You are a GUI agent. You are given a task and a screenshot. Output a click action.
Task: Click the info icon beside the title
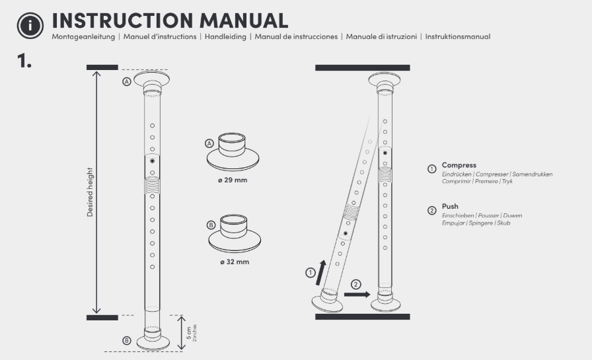coord(30,24)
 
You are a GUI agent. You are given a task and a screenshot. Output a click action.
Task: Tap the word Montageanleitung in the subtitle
coord(83,36)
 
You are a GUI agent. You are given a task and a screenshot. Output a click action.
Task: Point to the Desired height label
coord(90,192)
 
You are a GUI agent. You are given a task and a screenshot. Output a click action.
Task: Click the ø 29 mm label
coord(233,180)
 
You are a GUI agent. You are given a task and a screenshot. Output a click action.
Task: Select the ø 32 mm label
coord(234,262)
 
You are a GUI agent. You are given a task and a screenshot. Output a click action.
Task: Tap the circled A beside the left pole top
coord(126,81)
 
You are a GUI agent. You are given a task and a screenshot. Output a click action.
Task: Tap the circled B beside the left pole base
coord(126,340)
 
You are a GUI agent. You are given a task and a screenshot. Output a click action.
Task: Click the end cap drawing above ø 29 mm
coord(232,152)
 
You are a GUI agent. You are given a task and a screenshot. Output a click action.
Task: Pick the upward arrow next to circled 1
coord(322,270)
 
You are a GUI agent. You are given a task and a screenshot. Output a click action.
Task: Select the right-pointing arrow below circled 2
coord(357,295)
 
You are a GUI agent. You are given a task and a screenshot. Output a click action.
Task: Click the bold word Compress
coord(459,165)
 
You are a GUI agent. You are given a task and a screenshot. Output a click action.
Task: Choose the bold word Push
coord(450,206)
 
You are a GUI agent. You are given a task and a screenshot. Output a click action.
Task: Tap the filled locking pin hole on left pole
coord(152,161)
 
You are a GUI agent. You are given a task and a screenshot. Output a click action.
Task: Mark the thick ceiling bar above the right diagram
coord(362,67)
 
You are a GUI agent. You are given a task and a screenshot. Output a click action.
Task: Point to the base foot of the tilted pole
coord(327,303)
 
